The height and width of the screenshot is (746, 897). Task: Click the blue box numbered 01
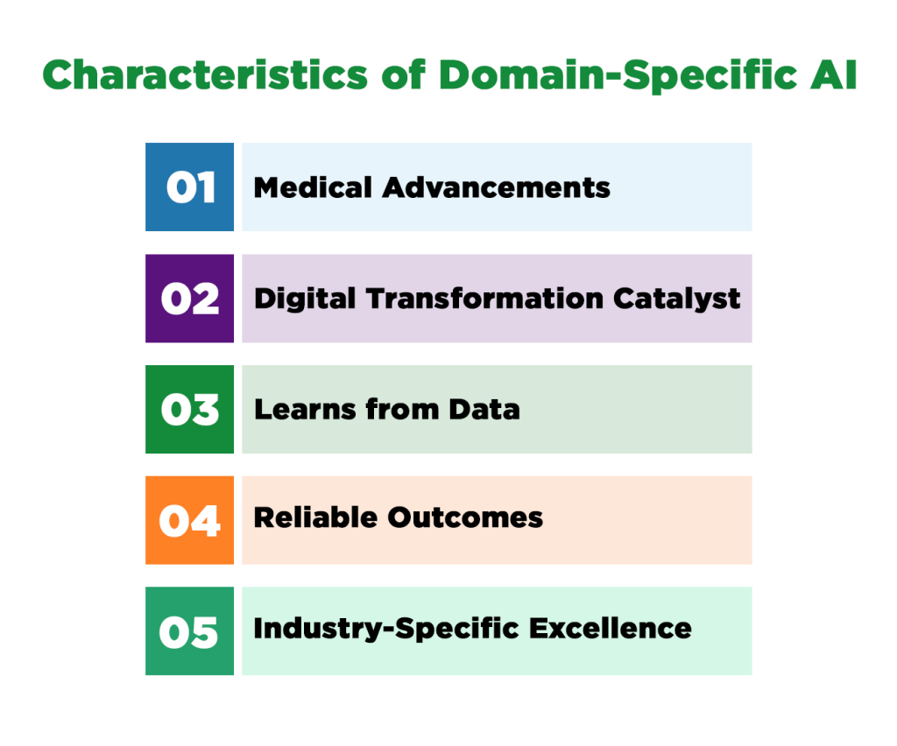click(x=189, y=187)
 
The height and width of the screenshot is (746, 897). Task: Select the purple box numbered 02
click(x=189, y=299)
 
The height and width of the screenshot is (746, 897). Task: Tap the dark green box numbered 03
click(x=189, y=409)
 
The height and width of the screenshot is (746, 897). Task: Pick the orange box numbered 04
click(x=189, y=520)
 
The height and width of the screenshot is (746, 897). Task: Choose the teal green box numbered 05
click(x=189, y=630)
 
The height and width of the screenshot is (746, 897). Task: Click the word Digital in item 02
click(x=304, y=299)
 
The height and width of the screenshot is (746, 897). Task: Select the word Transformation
click(x=484, y=299)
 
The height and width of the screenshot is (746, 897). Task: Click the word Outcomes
click(x=466, y=517)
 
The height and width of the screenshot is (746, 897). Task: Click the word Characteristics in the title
click(x=205, y=76)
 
